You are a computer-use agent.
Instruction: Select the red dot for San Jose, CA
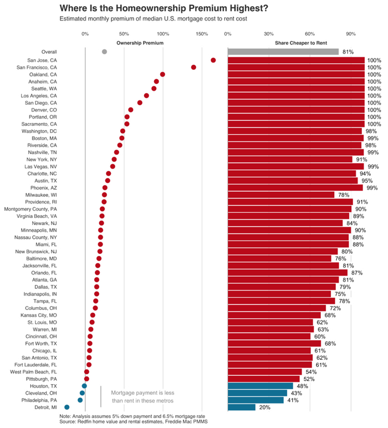[x=213, y=60]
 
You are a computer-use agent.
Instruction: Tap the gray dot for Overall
[x=105, y=52]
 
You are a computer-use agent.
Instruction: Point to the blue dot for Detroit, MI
[x=67, y=407]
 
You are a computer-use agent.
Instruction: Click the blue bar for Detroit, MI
[x=242, y=407]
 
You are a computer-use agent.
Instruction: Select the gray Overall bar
[x=283, y=52]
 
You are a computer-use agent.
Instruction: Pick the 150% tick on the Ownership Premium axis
[x=201, y=34]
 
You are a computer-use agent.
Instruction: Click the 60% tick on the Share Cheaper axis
[x=309, y=34]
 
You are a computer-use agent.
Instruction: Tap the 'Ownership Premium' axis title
[x=140, y=43]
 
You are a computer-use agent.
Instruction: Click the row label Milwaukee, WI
[x=41, y=195]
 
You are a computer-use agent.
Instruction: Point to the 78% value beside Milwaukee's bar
[x=344, y=195]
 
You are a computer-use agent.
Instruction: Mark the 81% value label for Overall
[x=348, y=52]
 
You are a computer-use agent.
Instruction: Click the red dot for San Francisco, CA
[x=193, y=67]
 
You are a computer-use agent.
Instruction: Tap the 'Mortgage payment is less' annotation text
[x=143, y=393]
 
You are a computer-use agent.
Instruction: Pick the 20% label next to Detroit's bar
[x=264, y=407]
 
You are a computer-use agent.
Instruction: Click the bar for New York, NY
[x=290, y=159]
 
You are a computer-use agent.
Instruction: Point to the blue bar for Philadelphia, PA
[x=256, y=400]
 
